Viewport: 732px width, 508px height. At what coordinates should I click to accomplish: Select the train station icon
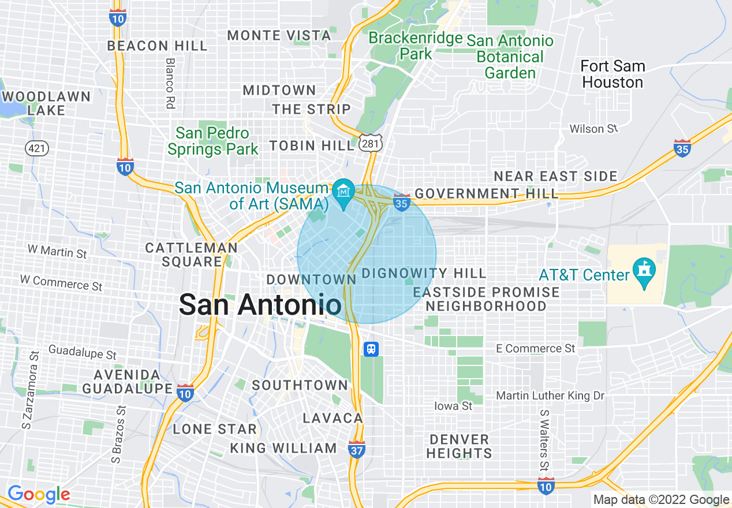click(372, 349)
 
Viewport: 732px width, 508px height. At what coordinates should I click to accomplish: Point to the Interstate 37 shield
click(357, 449)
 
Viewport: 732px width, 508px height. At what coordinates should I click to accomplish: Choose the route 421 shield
click(36, 148)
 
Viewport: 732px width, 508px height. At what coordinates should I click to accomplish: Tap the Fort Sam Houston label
click(613, 74)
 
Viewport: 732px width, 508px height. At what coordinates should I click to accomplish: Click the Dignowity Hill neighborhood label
click(424, 273)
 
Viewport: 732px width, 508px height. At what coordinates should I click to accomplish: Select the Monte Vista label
click(279, 36)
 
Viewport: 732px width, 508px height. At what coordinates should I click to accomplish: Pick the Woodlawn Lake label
click(46, 103)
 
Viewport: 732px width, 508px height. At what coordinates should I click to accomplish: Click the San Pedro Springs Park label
click(213, 141)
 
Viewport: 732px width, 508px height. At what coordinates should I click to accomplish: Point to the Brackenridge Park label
click(416, 46)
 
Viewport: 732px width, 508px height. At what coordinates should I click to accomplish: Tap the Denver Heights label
click(459, 446)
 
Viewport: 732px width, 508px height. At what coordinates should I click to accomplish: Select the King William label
click(283, 448)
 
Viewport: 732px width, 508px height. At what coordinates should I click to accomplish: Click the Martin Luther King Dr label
click(550, 396)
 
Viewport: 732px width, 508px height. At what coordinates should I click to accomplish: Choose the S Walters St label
click(544, 440)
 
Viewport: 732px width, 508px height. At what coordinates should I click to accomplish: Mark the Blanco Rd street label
click(170, 83)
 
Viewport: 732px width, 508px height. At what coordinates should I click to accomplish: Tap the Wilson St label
click(593, 129)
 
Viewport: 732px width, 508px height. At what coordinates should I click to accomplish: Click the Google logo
click(39, 495)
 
